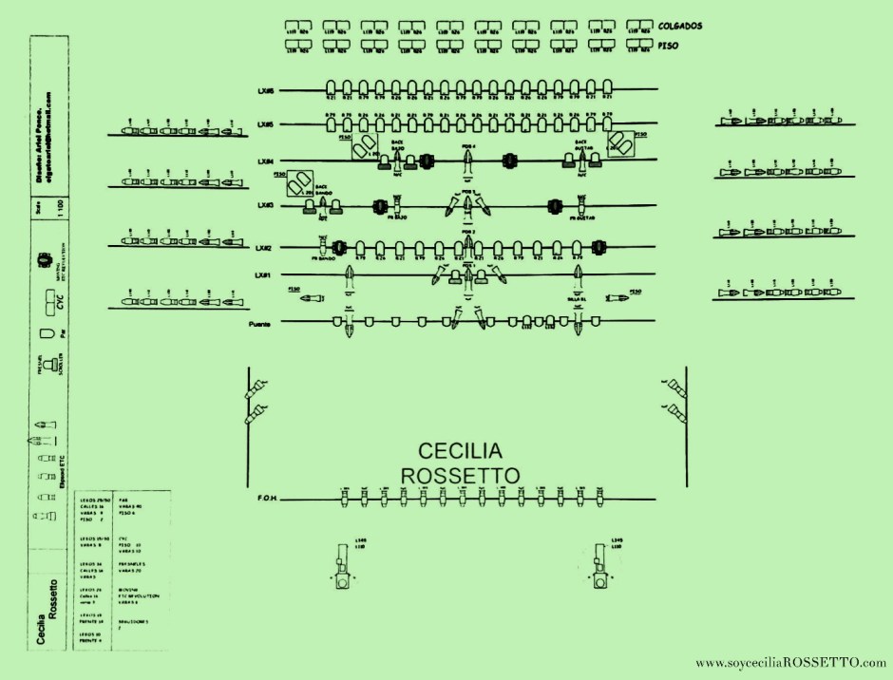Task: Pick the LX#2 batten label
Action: point(264,248)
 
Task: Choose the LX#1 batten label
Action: point(264,275)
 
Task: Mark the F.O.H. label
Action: point(265,498)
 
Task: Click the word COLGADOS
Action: point(679,26)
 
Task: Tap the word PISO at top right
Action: point(670,43)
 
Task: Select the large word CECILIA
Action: point(461,449)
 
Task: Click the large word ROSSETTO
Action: point(460,474)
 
